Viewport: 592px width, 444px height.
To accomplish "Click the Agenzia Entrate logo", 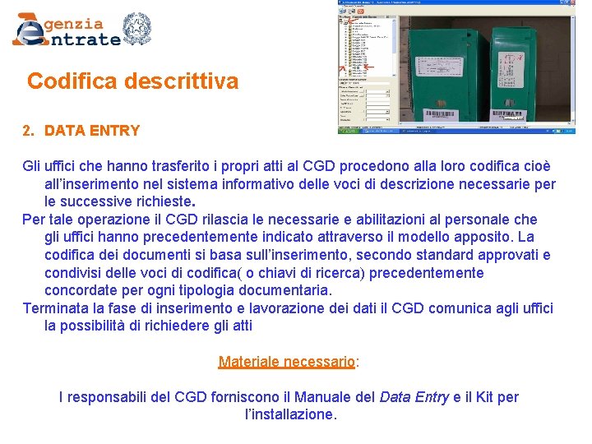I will click(x=66, y=30).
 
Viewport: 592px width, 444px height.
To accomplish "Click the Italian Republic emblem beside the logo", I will click(x=136, y=29).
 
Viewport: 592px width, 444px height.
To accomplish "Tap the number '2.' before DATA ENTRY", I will click(x=29, y=131).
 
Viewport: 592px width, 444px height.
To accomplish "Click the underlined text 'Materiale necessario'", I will click(x=286, y=362).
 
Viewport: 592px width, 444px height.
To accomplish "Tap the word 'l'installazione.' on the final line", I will click(x=291, y=414).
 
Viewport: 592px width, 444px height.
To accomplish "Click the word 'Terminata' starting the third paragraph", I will click(x=56, y=308).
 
